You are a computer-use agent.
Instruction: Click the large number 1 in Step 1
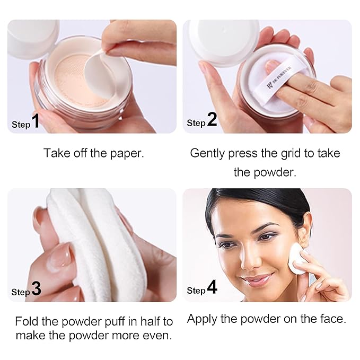click(x=36, y=122)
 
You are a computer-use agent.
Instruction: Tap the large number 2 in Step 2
click(x=212, y=120)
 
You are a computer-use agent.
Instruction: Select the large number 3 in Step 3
click(x=36, y=289)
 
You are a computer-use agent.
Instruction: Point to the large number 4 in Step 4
click(x=212, y=288)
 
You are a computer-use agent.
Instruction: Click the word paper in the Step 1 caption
click(x=129, y=154)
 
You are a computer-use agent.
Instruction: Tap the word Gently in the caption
click(x=207, y=153)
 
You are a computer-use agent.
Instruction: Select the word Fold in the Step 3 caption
click(x=25, y=321)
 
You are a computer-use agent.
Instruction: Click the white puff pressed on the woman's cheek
click(x=297, y=258)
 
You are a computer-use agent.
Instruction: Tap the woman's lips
click(x=256, y=279)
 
